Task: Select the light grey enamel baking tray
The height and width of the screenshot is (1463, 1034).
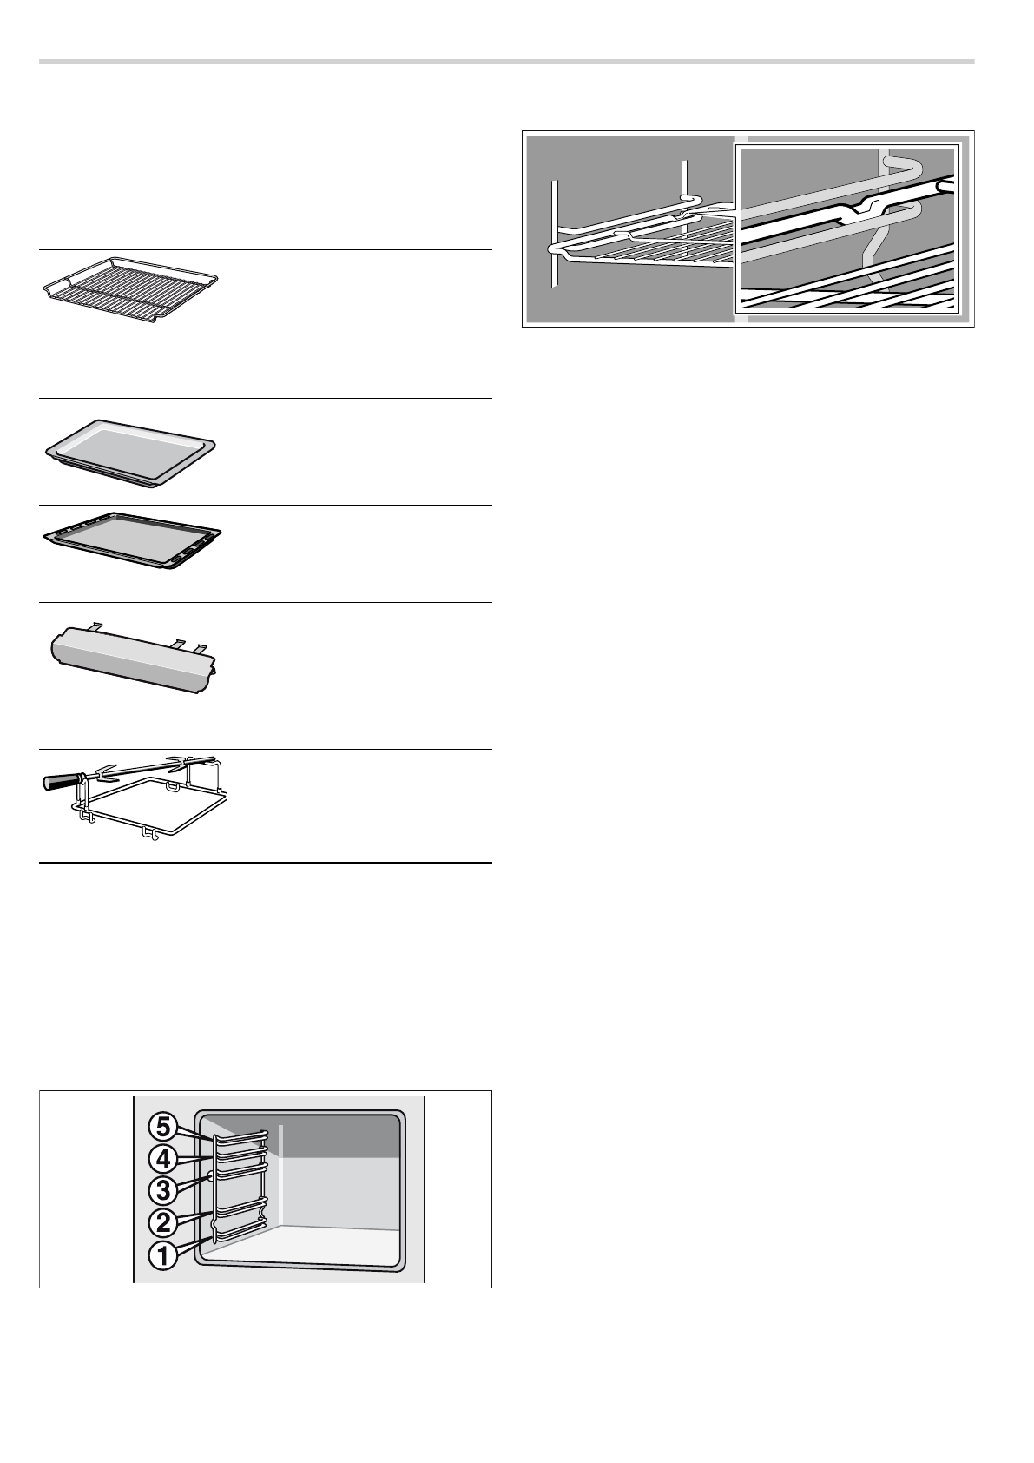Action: (130, 452)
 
